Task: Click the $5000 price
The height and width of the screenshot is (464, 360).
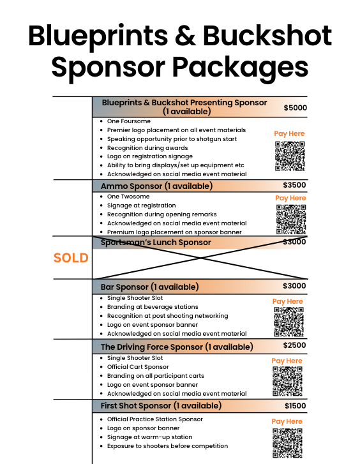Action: tap(295, 108)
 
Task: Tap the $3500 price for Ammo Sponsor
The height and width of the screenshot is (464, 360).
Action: tap(294, 185)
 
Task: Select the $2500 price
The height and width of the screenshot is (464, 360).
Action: tap(294, 345)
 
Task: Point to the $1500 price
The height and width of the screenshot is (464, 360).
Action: tap(295, 406)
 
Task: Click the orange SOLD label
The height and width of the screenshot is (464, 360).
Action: tap(71, 258)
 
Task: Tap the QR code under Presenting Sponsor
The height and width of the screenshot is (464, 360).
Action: tap(290, 156)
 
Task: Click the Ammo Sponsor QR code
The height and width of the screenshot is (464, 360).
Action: tap(291, 220)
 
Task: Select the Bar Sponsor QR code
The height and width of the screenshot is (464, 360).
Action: tap(289, 322)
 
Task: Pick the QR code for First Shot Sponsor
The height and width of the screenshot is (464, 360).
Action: tap(287, 444)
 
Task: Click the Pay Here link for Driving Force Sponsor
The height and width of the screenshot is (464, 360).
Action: tap(287, 361)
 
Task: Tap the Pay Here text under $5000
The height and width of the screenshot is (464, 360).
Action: tap(289, 133)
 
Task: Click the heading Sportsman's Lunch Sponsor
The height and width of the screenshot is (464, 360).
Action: tap(156, 243)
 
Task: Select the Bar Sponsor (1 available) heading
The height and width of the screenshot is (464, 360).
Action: tap(149, 287)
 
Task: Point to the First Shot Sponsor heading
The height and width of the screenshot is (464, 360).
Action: tap(161, 405)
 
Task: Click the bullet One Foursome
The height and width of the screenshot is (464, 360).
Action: tap(129, 121)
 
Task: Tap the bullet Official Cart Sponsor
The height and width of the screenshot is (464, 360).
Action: tap(138, 367)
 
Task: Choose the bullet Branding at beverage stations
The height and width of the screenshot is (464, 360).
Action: tap(153, 307)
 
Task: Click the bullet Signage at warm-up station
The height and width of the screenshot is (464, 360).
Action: tap(150, 437)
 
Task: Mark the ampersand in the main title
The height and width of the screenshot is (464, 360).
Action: tap(185, 36)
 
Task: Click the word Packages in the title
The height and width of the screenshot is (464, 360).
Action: tap(240, 68)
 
